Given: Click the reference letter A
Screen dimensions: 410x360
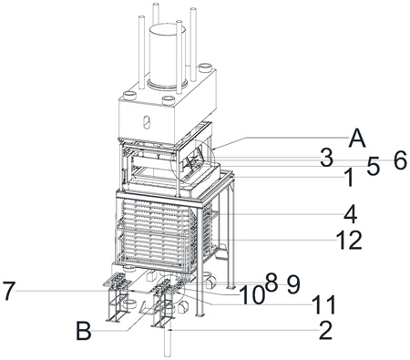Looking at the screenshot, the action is pos(357,140).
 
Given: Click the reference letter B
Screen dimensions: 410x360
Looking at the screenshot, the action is pos(84,331).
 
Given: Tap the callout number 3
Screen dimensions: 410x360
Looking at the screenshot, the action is pos(326,158).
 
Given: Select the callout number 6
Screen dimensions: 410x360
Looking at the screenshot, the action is pos(400,160).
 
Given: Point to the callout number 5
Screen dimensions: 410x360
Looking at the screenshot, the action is pos(374,167).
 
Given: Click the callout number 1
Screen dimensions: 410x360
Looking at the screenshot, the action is pos(350,178).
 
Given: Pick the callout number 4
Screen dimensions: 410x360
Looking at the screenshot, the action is pos(350,214).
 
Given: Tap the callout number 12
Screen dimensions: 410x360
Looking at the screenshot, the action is pos(349,241).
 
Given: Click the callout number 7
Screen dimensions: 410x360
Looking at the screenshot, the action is pos(8,291).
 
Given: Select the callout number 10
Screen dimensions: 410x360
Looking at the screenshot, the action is pos(251,295).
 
